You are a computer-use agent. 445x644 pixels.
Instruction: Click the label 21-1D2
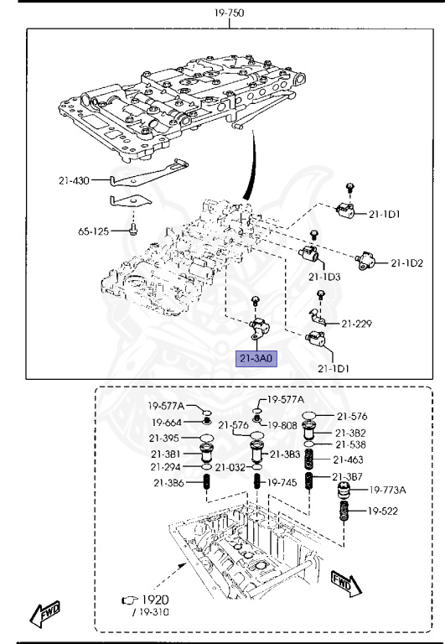(406, 263)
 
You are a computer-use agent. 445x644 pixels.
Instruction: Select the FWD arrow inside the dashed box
(344, 581)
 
